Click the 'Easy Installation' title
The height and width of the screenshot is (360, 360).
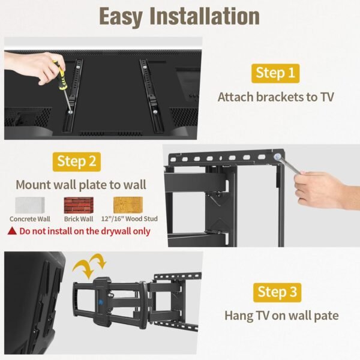(x=179, y=16)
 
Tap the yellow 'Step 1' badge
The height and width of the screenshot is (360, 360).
(x=275, y=73)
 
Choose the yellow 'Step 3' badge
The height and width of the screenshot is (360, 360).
(x=277, y=292)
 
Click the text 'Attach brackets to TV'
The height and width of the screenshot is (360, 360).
(x=275, y=97)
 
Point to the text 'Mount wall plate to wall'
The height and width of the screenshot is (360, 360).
(x=80, y=184)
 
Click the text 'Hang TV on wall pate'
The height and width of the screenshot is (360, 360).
(x=281, y=315)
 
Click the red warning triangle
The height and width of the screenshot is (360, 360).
(x=12, y=230)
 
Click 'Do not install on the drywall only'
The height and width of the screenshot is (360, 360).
(x=85, y=230)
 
